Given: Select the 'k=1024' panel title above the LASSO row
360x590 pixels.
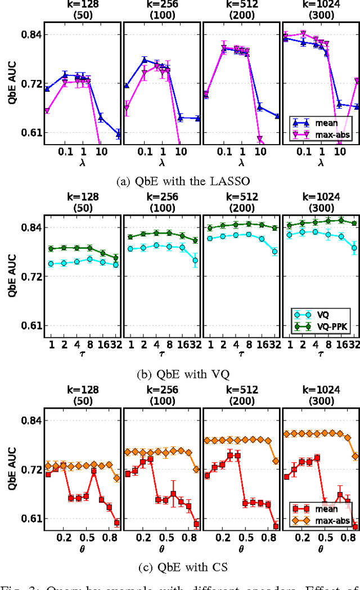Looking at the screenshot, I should (321, 4).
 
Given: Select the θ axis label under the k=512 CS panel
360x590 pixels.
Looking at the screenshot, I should (241, 548).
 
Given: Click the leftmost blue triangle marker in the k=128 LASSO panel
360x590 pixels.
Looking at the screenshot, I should (47, 89).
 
